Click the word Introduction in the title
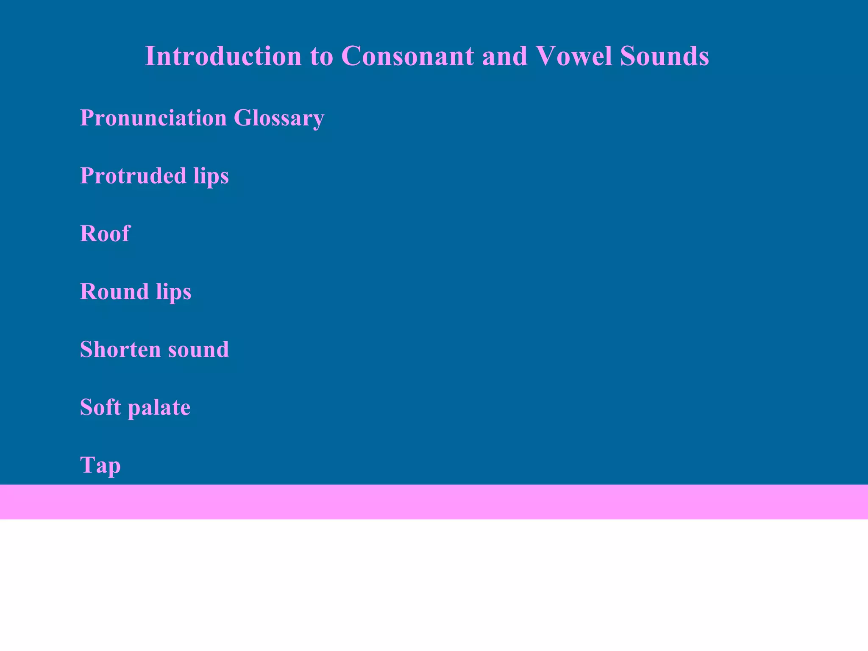tap(223, 56)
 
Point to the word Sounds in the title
tap(664, 56)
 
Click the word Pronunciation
tap(153, 118)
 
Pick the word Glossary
tap(279, 119)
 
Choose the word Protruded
tap(133, 175)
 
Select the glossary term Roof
tap(105, 234)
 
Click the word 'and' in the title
tap(505, 56)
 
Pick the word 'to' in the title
tap(322, 57)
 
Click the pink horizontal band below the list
tap(434, 502)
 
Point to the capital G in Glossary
tap(244, 118)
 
